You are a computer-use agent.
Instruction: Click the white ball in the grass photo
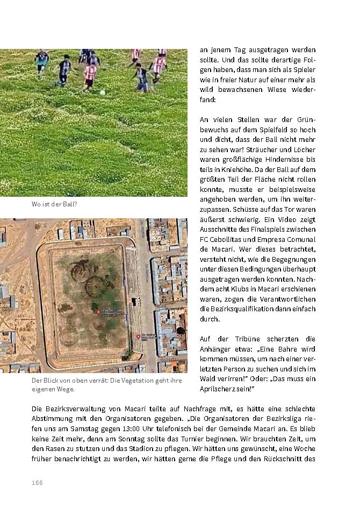coord(102,92)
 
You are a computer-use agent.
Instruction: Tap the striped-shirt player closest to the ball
coord(90,75)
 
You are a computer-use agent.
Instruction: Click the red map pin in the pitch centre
coord(98,312)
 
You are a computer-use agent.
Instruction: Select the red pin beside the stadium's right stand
coord(138,337)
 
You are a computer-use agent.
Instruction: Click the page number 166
coord(37,482)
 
